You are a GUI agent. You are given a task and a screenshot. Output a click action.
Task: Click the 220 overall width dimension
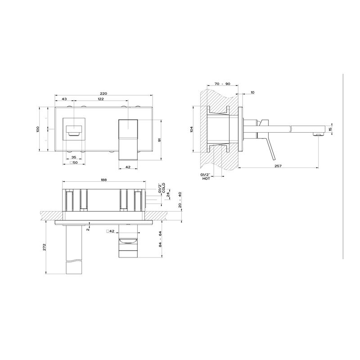103,94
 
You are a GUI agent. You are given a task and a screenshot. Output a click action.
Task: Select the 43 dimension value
64,99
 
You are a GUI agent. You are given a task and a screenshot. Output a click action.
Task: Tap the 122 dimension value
101,99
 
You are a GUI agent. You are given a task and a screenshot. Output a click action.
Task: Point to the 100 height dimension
38,129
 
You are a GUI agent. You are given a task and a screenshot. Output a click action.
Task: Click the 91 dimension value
160,139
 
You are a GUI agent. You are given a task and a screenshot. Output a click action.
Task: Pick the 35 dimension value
74,157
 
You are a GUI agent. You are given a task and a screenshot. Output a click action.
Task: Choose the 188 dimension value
104,180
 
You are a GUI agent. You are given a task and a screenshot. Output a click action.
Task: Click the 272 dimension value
45,247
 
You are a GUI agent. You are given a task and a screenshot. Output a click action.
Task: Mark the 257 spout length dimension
278,166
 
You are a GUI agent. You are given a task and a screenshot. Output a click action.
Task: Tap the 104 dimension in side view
192,129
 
